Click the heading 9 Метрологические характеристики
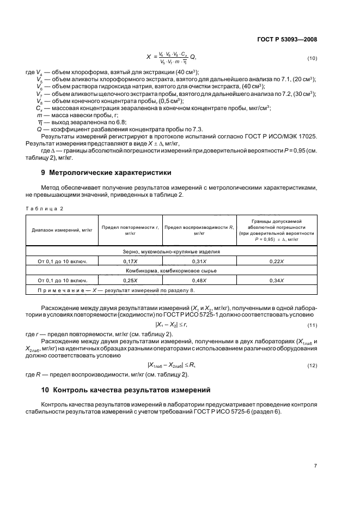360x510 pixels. click(99, 173)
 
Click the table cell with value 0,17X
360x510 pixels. click(130, 262)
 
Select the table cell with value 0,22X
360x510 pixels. click(277, 262)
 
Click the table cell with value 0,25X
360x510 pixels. click(130, 280)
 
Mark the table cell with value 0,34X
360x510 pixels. click(277, 280)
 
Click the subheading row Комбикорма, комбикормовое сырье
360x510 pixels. click(170, 271)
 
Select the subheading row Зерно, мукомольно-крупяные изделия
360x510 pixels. click(170, 252)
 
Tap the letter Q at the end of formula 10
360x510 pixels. click(192, 57)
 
